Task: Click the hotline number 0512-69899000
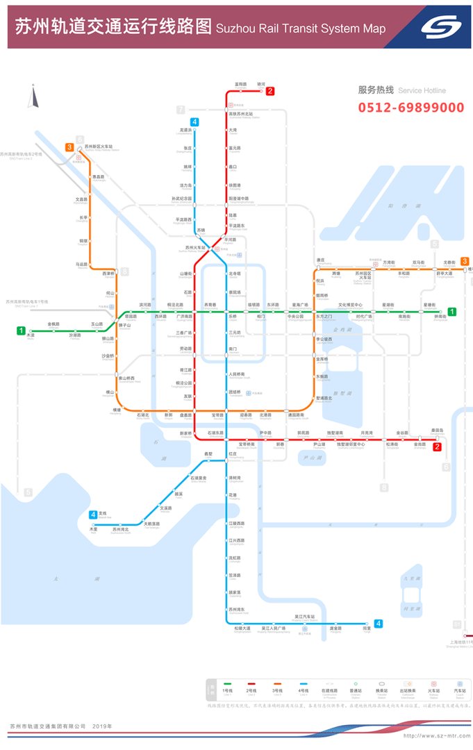coord(411,108)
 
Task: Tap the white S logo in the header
coord(441,28)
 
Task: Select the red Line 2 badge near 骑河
coord(270,91)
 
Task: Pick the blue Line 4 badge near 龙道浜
coord(195,122)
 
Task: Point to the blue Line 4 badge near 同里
coord(379,623)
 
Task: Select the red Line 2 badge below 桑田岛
coord(437,447)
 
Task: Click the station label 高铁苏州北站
coord(241,114)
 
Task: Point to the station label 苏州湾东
coord(238,609)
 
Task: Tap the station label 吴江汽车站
coord(304,616)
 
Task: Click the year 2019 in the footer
coord(102,726)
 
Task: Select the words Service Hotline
coord(422,91)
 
